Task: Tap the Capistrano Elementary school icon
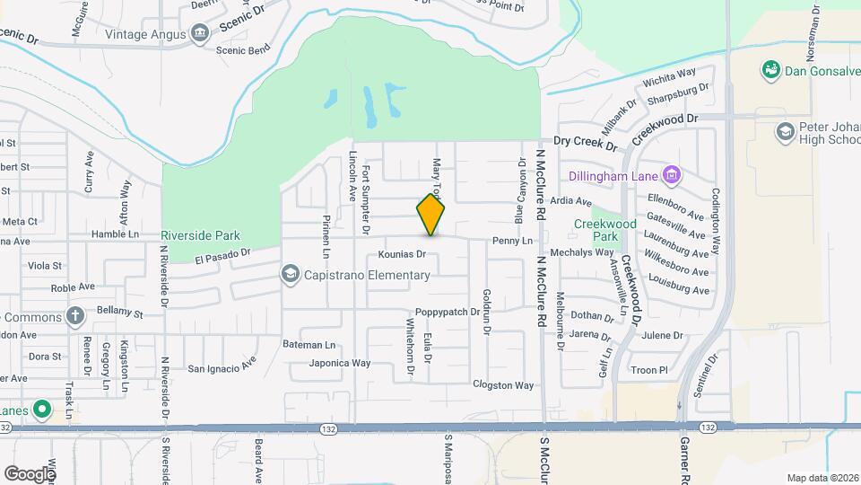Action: point(291,274)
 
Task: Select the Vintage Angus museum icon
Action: point(199,34)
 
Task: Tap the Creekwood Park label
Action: point(605,230)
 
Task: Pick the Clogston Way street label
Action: point(503,385)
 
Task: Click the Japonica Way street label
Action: point(340,364)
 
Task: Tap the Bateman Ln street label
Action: point(309,345)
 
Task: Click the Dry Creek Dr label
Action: point(586,143)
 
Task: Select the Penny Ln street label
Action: point(513,242)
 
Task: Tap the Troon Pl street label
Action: point(651,369)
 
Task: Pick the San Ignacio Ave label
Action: point(222,367)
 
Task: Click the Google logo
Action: point(30,473)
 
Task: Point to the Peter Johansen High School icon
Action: point(786,132)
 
